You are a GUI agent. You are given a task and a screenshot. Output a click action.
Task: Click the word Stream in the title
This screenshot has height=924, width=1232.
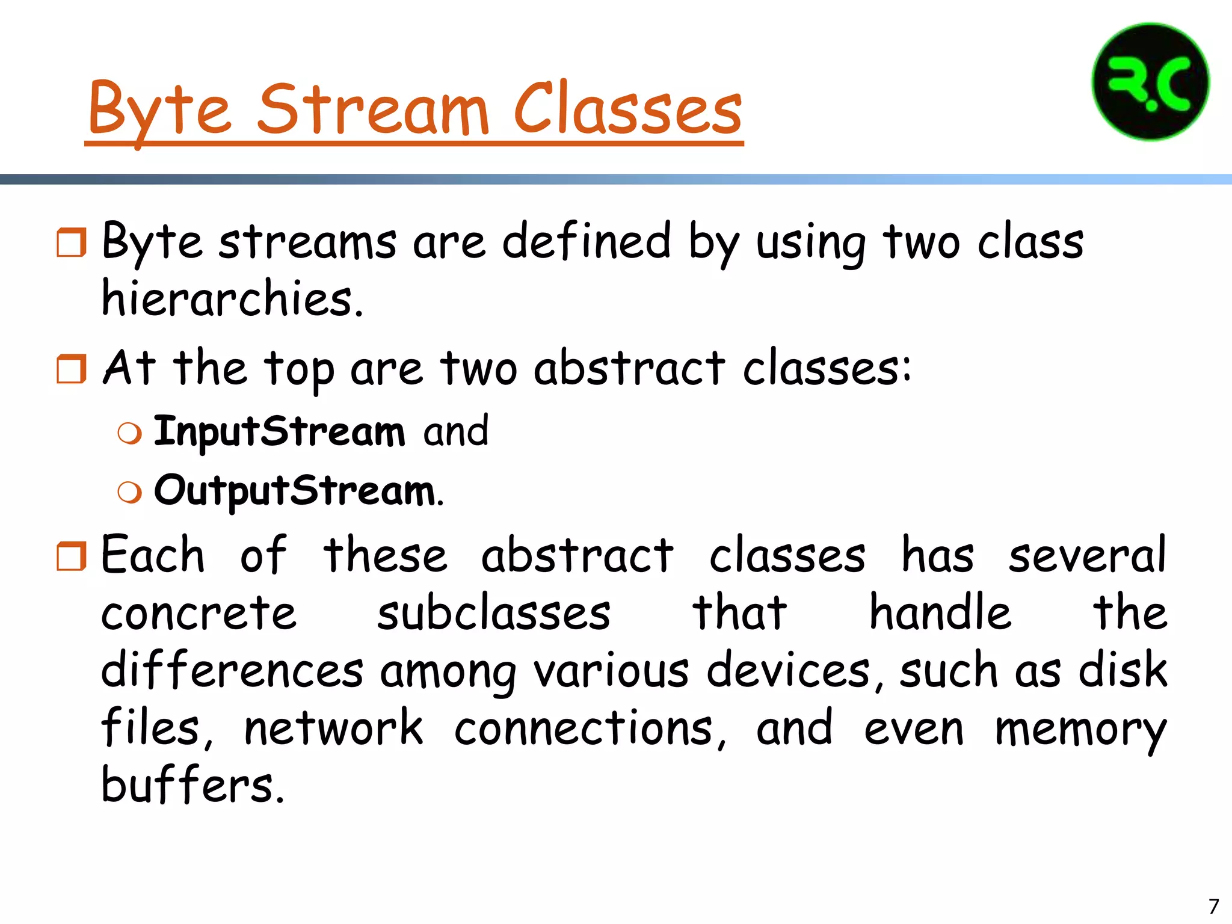pos(373,108)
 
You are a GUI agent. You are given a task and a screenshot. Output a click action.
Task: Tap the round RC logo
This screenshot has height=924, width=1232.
pos(1150,82)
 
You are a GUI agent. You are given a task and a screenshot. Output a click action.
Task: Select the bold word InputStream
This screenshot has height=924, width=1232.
pos(280,431)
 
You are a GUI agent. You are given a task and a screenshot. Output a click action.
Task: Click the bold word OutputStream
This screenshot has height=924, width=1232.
pos(295,490)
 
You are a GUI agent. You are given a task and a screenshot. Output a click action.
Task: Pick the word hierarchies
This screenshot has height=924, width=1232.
pos(232,298)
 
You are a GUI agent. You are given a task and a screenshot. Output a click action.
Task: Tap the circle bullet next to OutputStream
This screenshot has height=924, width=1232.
pos(130,492)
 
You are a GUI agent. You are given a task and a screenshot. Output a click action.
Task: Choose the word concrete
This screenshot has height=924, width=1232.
pos(199,614)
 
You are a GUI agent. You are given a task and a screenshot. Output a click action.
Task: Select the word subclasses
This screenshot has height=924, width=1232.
pos(494,614)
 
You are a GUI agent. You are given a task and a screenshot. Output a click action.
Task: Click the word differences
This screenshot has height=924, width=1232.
pos(232,670)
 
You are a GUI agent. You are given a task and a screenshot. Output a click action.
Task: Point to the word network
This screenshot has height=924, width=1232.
pos(334,728)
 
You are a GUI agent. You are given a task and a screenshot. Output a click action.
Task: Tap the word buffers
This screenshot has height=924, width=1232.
pos(191,785)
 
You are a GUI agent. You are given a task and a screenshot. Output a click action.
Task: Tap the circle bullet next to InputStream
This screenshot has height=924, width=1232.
pos(130,433)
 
